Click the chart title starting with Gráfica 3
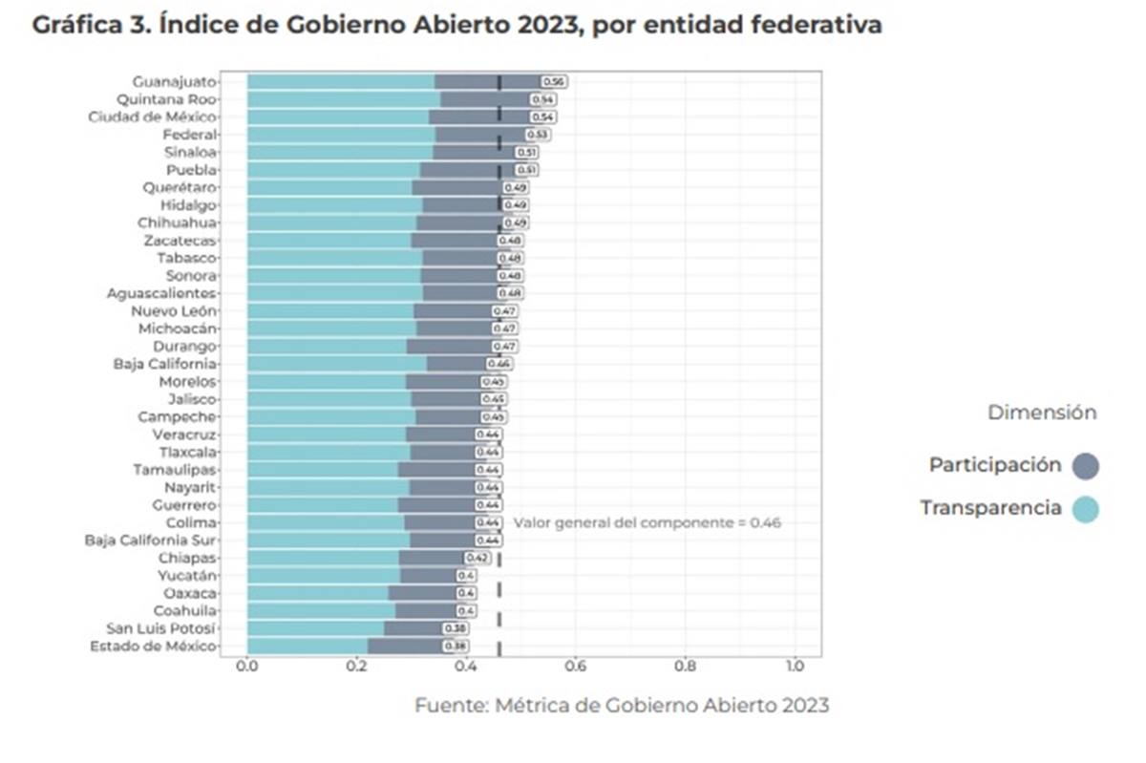click(x=456, y=26)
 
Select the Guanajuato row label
click(x=175, y=82)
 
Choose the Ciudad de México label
click(x=152, y=117)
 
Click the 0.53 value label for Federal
click(x=537, y=135)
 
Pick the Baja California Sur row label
click(x=150, y=540)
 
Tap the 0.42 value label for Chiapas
click(x=477, y=558)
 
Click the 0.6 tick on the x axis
click(x=575, y=666)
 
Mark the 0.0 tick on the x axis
click(x=247, y=666)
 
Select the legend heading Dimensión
click(x=1041, y=413)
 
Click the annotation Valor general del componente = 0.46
click(x=647, y=523)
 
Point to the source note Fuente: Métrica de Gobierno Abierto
click(x=622, y=706)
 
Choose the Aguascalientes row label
click(x=161, y=293)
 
